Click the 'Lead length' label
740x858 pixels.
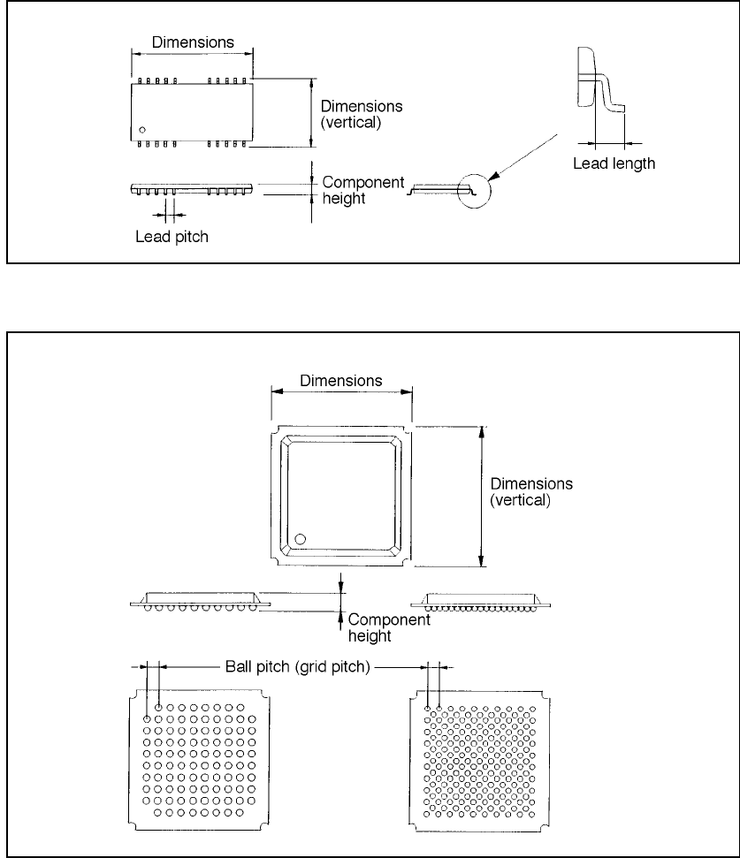point(614,163)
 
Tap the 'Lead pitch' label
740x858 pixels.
point(172,237)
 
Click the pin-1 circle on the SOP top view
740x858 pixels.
point(141,131)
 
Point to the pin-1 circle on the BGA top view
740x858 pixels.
point(301,538)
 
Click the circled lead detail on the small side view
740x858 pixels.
point(474,187)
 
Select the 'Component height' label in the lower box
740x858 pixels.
point(389,627)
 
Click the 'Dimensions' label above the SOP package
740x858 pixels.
point(192,42)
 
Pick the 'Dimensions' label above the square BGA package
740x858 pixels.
point(341,381)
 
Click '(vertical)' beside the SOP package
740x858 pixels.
point(351,123)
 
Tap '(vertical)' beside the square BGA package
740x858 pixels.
point(520,499)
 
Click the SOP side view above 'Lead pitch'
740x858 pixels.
point(191,189)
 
